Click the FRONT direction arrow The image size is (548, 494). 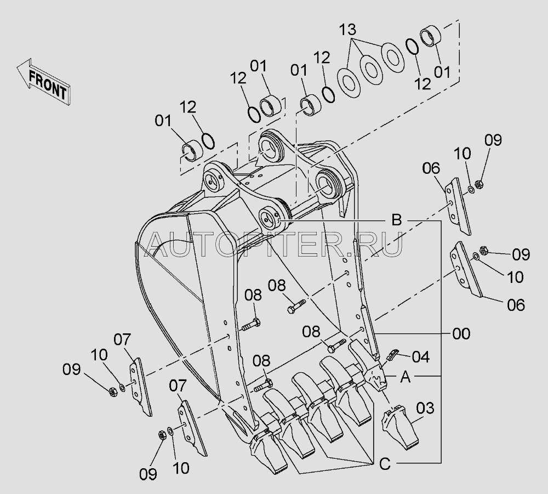pos(44,82)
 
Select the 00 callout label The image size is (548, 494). pos(461,333)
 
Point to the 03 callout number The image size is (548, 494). pos(425,408)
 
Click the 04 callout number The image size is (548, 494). pos(421,357)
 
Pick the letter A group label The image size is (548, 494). pos(405,377)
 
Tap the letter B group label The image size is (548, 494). pos(396,220)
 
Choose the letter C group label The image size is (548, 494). pos(385,464)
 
